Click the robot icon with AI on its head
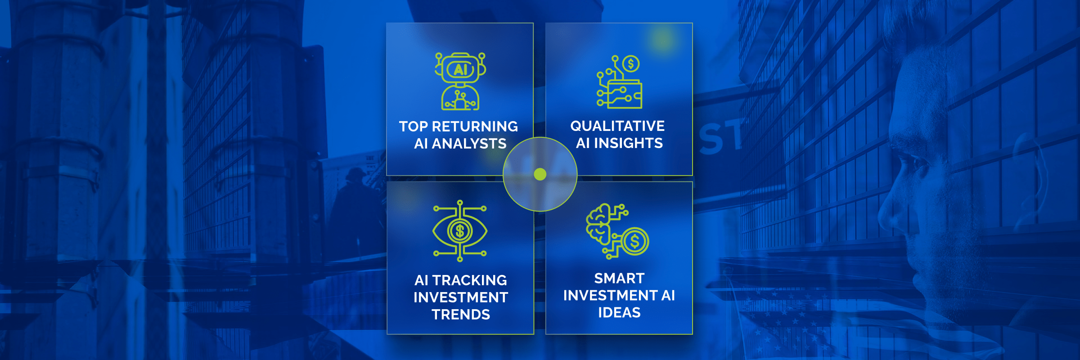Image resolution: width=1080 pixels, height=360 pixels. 460,81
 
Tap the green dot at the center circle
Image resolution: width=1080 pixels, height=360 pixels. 540,174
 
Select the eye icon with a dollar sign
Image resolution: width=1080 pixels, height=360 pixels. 460,231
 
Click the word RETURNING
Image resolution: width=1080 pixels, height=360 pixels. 475,126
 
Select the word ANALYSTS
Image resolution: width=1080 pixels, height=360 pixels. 469,144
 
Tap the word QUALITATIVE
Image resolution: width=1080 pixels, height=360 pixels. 617,126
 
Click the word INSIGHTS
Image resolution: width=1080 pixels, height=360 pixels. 628,143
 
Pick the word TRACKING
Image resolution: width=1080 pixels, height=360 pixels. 469,280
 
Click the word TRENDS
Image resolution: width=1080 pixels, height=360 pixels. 461,315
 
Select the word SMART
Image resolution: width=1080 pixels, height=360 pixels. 619,279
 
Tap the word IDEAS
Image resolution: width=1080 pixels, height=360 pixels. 619,313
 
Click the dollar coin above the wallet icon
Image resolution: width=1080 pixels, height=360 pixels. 631,64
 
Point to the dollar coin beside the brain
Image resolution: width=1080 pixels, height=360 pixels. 634,242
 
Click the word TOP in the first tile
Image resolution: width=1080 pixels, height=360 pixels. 413,126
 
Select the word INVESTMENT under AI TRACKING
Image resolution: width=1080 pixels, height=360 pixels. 461,297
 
